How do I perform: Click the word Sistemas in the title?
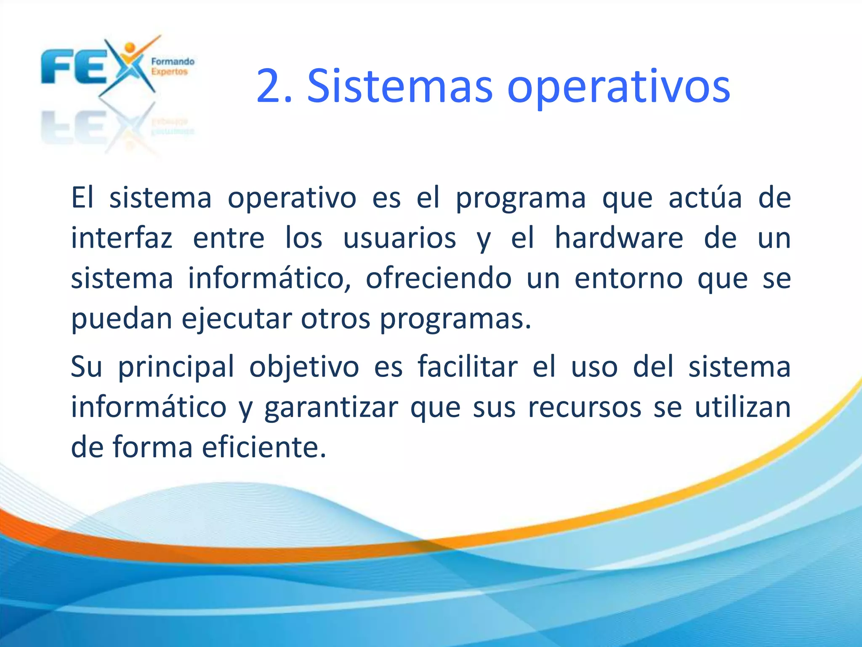click(399, 87)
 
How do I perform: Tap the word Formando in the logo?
click(173, 61)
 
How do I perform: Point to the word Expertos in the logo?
click(169, 72)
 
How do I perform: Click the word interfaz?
click(122, 238)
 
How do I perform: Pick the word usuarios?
click(399, 238)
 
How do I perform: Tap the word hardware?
click(619, 238)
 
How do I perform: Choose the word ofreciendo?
click(439, 278)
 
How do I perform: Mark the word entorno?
click(628, 278)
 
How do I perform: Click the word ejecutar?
click(237, 319)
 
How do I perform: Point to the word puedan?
click(122, 319)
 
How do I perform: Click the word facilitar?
click(468, 366)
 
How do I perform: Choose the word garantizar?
click(331, 408)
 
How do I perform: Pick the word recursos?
click(585, 407)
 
